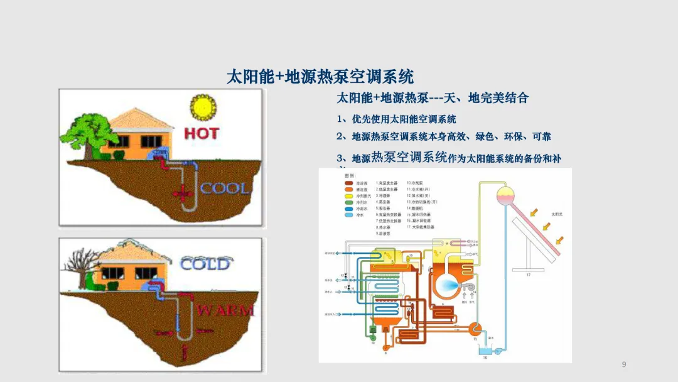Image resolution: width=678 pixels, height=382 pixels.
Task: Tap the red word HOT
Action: click(x=202, y=133)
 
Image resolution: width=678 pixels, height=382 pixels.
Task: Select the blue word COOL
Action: click(x=225, y=187)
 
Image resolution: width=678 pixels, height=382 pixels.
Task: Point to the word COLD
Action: click(x=205, y=264)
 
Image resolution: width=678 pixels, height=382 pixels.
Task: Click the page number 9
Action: click(x=623, y=365)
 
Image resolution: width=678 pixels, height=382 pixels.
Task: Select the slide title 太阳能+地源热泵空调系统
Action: click(x=320, y=77)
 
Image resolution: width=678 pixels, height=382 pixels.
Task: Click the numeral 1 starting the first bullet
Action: click(x=340, y=119)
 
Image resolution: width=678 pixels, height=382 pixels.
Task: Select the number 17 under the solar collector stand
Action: click(x=527, y=275)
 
